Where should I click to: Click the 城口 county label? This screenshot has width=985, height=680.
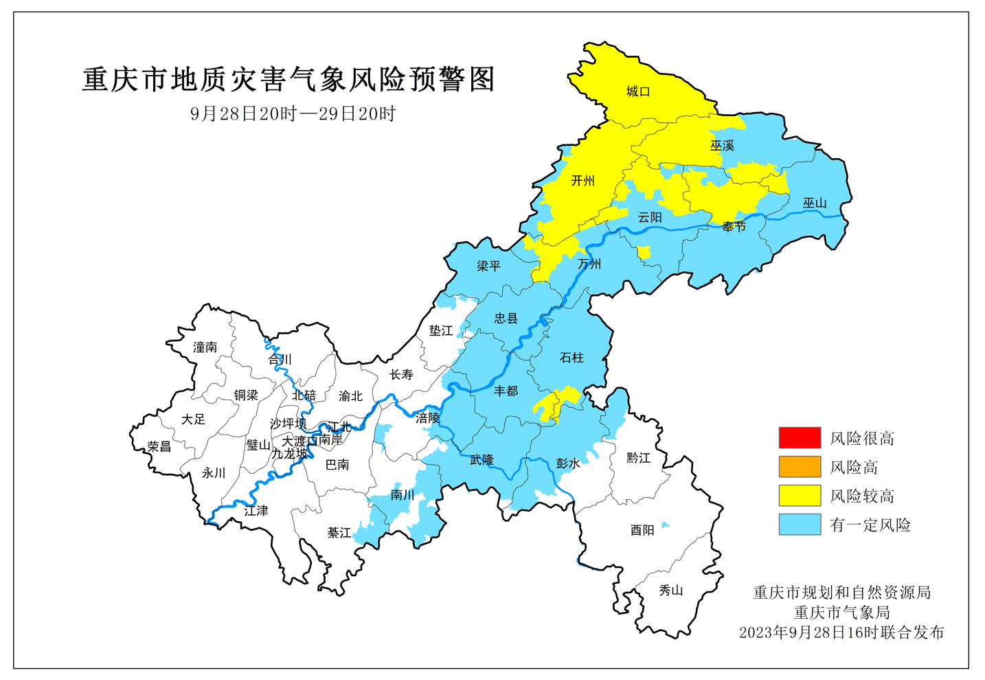pyautogui.click(x=638, y=91)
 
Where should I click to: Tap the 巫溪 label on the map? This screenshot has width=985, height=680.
pyautogui.click(x=722, y=145)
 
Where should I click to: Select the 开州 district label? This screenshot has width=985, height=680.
pyautogui.click(x=582, y=180)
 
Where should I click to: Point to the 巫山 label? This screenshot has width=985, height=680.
pyautogui.click(x=815, y=203)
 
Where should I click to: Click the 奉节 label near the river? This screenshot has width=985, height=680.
pyautogui.click(x=734, y=226)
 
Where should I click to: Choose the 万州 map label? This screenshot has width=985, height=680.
pyautogui.click(x=589, y=264)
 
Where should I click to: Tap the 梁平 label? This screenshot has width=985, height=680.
pyautogui.click(x=488, y=266)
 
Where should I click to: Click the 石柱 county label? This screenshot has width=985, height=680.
pyautogui.click(x=571, y=358)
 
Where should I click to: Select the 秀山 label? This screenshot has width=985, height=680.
pyautogui.click(x=670, y=590)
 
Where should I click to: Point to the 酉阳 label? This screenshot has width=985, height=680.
pyautogui.click(x=642, y=529)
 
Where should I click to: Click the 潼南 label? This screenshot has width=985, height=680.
pyautogui.click(x=205, y=347)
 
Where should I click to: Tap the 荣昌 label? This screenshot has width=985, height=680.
pyautogui.click(x=159, y=446)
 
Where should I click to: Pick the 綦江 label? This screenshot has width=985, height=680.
pyautogui.click(x=339, y=533)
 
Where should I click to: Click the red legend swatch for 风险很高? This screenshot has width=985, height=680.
pyautogui.click(x=800, y=438)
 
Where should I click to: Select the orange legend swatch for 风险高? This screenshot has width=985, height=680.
pyautogui.click(x=800, y=467)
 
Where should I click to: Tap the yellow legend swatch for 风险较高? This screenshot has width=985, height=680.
pyautogui.click(x=800, y=496)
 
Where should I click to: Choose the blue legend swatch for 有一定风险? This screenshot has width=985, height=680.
pyautogui.click(x=800, y=525)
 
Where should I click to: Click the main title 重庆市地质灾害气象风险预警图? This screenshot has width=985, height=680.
pyautogui.click(x=288, y=80)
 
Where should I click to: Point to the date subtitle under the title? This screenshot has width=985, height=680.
pyautogui.click(x=293, y=113)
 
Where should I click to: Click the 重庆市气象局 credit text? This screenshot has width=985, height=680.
pyautogui.click(x=841, y=612)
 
